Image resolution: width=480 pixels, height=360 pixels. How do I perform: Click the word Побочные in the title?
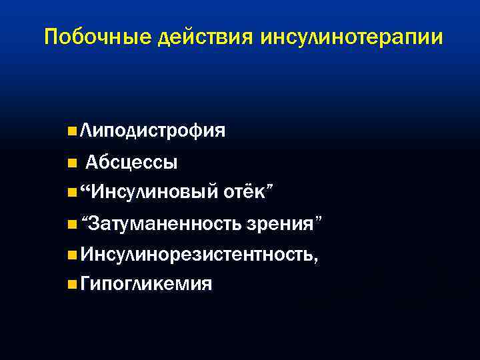tap(99, 37)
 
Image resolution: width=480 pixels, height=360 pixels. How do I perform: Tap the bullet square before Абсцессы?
tap(71, 162)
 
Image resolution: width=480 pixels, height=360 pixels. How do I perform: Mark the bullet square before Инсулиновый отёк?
tap(71, 193)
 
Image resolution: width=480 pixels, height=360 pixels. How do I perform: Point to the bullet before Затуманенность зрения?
tap(71, 224)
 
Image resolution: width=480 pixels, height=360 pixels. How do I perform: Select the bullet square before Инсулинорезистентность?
tap(71, 255)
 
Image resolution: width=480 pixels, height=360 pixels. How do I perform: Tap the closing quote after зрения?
tap(320, 219)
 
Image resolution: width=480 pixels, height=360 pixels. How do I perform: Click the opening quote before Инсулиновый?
tap(84, 188)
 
